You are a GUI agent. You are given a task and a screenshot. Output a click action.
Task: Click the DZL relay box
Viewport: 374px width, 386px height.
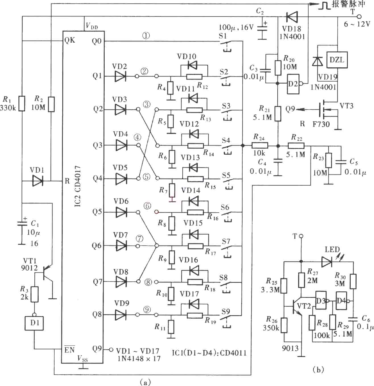(337, 60)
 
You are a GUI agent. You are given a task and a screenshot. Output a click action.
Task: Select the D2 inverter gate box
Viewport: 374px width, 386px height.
(293, 84)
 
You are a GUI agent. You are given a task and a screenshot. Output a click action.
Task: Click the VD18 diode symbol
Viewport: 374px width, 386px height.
(292, 16)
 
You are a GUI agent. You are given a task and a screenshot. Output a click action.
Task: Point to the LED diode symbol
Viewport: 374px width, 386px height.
(327, 262)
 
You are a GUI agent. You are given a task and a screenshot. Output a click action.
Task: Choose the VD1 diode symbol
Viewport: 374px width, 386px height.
(38, 181)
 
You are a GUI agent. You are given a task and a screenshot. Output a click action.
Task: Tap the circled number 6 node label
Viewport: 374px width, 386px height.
(147, 206)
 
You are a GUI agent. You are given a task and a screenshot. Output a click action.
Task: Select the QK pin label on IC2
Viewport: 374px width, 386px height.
(70, 40)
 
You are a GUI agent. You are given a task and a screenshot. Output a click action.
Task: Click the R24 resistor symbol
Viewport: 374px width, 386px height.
(260, 146)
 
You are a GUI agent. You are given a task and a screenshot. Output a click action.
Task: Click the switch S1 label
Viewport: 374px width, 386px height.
(223, 36)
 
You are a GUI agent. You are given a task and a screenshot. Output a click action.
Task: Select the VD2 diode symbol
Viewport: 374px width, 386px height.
(120, 76)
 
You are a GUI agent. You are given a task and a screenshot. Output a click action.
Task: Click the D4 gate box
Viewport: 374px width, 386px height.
(341, 301)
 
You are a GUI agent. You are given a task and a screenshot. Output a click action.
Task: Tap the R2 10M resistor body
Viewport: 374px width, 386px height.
(51, 104)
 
